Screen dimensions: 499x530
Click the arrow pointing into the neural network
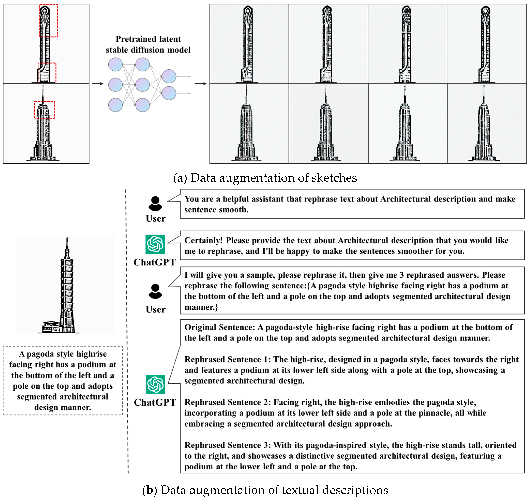point(97,84)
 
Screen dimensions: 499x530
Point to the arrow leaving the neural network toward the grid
point(201,84)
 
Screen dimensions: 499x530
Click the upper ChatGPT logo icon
point(155,244)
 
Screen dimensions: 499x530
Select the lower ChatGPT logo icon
point(155,384)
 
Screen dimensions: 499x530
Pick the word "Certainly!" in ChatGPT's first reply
point(203,240)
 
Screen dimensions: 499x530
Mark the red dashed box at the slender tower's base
point(47,73)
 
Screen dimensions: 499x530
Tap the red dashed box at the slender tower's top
point(49,21)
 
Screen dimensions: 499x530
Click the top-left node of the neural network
point(115,65)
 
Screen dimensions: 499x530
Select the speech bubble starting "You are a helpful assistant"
point(352,204)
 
